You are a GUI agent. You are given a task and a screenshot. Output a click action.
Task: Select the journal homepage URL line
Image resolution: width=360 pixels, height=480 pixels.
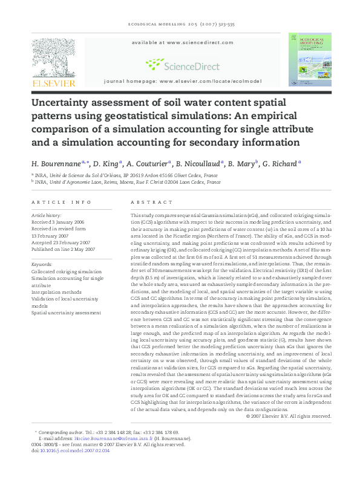tap(183, 80)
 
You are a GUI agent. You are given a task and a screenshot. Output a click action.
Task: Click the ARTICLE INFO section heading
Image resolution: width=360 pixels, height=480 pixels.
tap(57, 203)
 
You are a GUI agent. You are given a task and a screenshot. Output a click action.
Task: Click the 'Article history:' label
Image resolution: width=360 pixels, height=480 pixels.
tap(46, 215)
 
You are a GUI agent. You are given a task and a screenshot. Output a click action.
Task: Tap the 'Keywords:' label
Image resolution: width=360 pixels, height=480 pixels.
tap(42, 264)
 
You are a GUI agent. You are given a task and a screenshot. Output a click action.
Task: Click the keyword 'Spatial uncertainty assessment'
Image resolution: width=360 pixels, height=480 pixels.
tap(66, 313)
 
